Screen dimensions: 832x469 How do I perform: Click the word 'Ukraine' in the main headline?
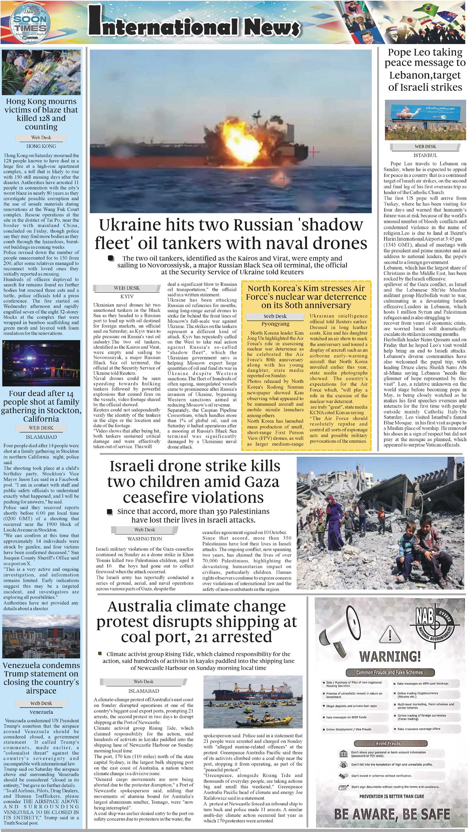pyautogui.click(x=130, y=225)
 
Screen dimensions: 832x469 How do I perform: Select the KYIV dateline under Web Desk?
pyautogui.click(x=127, y=296)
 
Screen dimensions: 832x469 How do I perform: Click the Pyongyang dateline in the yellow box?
pyautogui.click(x=275, y=324)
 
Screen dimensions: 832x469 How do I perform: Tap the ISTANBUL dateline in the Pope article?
pyautogui.click(x=425, y=155)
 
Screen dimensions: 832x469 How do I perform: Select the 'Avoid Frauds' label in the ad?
pyautogui.click(x=388, y=743)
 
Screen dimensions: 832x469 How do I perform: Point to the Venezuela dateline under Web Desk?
pyautogui.click(x=41, y=712)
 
